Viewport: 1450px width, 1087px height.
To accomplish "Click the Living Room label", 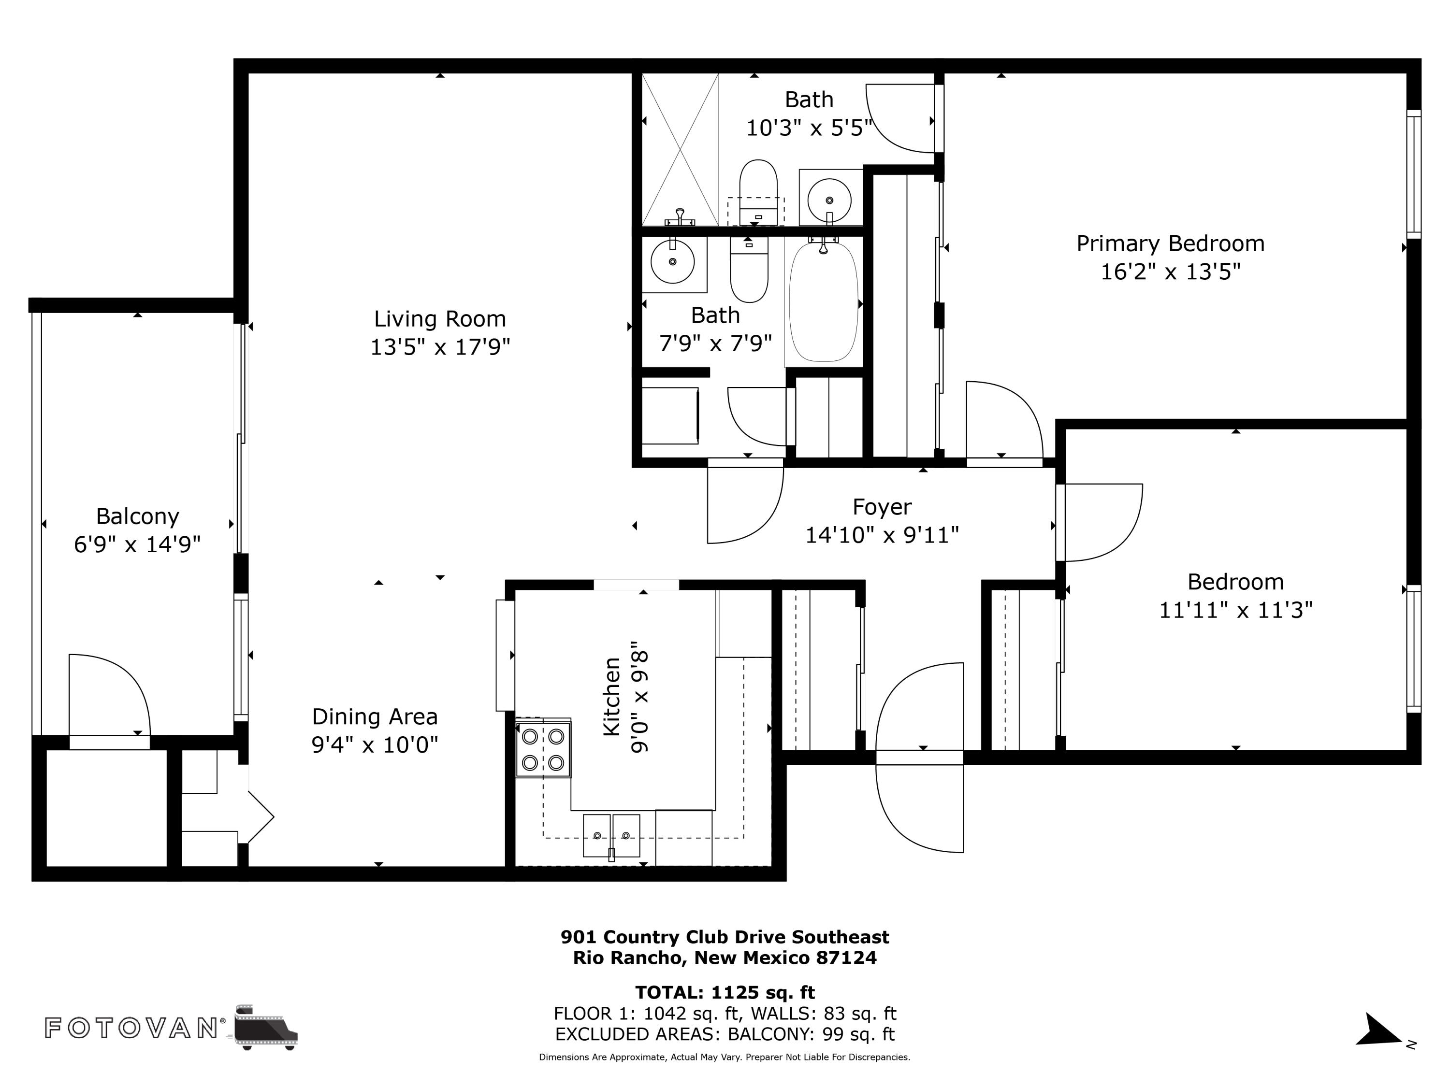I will coord(440,319).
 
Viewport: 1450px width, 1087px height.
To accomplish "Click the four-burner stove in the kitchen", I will coord(543,749).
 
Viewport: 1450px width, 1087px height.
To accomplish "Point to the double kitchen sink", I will coord(611,835).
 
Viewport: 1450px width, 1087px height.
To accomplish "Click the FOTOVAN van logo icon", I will coord(265,1028).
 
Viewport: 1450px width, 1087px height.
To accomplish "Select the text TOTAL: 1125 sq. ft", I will coord(725,992).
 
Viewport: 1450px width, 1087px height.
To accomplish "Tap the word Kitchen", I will coord(611,697).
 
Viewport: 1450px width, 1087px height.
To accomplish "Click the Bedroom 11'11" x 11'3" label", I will coord(1236,596).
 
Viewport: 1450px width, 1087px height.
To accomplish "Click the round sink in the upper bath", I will coord(829,199).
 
